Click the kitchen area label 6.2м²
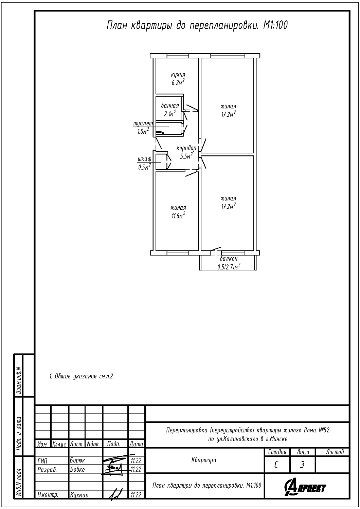(178, 82)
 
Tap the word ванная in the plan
(170, 106)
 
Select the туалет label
(143, 124)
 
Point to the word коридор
(186, 148)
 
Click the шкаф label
(145, 159)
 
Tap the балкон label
(229, 259)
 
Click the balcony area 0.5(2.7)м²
(229, 267)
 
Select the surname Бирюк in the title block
(77, 460)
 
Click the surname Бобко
(77, 470)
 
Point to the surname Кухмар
(79, 495)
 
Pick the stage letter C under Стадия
(276, 465)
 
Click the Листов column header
(335, 452)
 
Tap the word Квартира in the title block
(204, 460)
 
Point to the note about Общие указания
(82, 376)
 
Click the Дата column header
(137, 444)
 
